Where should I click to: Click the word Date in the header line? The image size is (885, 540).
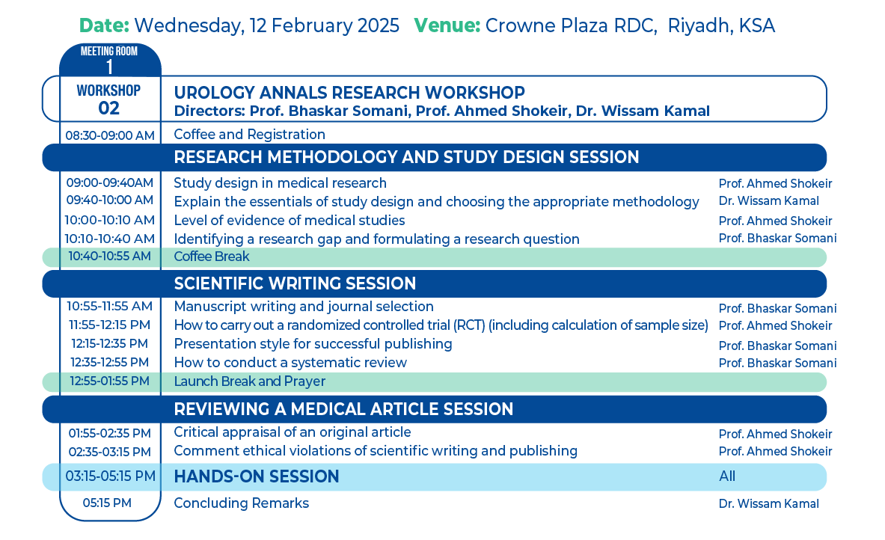(105, 25)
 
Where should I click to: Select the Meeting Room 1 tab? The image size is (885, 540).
(110, 60)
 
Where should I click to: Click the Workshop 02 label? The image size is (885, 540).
(109, 99)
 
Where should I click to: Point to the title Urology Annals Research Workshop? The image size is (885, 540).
(349, 93)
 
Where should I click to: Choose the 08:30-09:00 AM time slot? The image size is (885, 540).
(110, 135)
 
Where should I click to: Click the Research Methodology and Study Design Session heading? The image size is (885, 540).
(406, 157)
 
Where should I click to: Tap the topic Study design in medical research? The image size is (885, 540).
(280, 183)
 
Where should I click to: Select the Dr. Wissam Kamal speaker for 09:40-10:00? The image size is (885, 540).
(769, 201)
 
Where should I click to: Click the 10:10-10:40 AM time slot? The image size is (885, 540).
(109, 239)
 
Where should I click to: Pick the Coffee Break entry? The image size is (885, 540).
(212, 257)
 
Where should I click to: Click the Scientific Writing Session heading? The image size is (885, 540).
(295, 283)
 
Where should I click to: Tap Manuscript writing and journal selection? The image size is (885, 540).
(304, 307)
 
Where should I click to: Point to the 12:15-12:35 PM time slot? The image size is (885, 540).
(109, 343)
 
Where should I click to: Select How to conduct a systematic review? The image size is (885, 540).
(290, 363)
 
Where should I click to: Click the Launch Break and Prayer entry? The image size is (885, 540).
(249, 381)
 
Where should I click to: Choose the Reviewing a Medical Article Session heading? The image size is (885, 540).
(343, 409)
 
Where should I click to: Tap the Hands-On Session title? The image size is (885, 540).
(257, 477)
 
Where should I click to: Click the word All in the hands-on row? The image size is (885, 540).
(727, 477)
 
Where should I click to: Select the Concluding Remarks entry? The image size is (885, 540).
(241, 503)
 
